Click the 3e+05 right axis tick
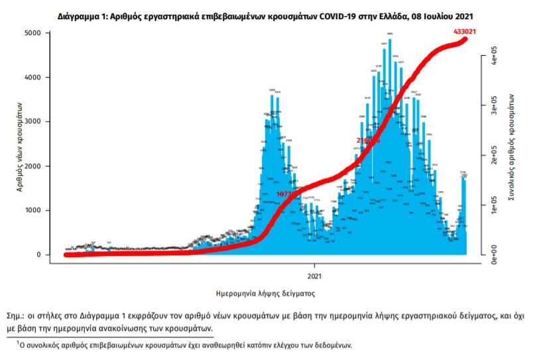(493, 104)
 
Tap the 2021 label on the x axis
(315, 275)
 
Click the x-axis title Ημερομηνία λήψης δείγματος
(265, 292)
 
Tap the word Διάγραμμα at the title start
(81, 14)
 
